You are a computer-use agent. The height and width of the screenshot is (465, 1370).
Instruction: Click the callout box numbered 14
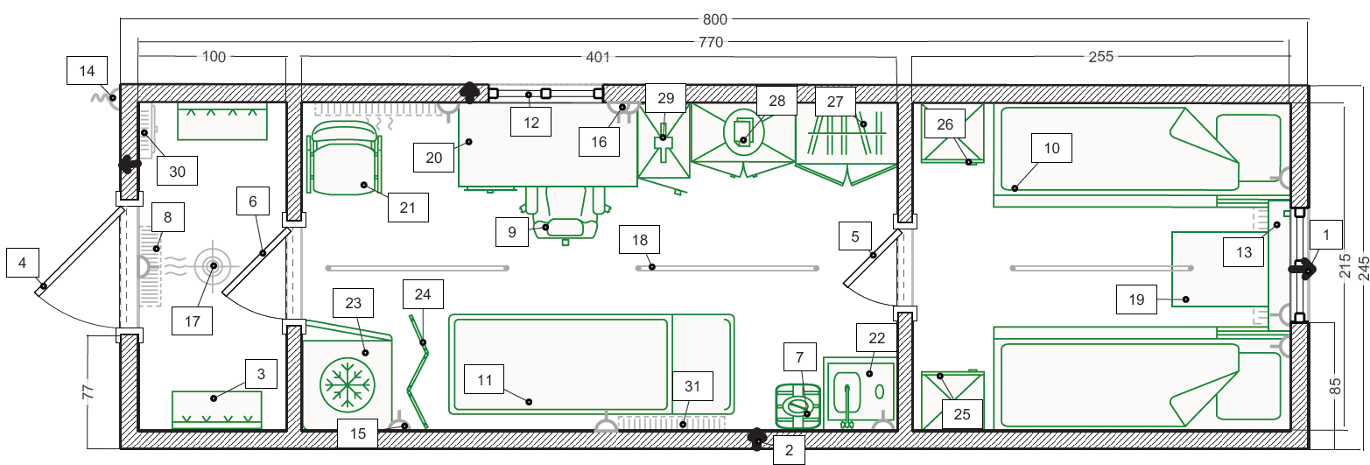[x=87, y=71]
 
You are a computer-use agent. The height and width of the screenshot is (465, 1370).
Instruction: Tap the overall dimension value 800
[x=714, y=19]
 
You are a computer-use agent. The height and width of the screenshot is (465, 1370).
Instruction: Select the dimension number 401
[x=598, y=57]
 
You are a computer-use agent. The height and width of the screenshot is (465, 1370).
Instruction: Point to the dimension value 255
[x=1100, y=57]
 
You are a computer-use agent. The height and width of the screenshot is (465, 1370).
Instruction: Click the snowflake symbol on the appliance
[x=347, y=384]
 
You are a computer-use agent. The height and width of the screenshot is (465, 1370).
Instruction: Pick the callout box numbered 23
[x=353, y=303]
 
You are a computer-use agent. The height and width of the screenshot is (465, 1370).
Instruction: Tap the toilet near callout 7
[x=797, y=405]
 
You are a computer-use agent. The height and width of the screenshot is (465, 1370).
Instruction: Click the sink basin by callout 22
[x=847, y=391]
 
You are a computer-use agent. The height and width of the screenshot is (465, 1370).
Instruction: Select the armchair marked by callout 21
[x=344, y=158]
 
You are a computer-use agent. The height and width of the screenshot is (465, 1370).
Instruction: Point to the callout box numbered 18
[x=639, y=240]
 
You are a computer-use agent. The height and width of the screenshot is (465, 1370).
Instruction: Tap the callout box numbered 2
[x=789, y=450]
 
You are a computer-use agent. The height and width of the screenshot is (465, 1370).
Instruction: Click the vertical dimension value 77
[x=88, y=391]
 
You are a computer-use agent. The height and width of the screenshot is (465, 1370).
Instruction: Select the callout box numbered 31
[x=692, y=386]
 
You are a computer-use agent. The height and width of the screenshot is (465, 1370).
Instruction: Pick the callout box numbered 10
[x=1051, y=148]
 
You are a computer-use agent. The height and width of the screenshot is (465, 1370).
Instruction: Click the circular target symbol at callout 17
[x=214, y=266]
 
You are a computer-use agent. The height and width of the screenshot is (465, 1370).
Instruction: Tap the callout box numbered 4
[x=23, y=263]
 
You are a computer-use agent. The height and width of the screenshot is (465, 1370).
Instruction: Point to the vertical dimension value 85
[x=1335, y=386]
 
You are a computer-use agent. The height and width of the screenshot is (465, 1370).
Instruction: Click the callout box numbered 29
[x=665, y=98]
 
